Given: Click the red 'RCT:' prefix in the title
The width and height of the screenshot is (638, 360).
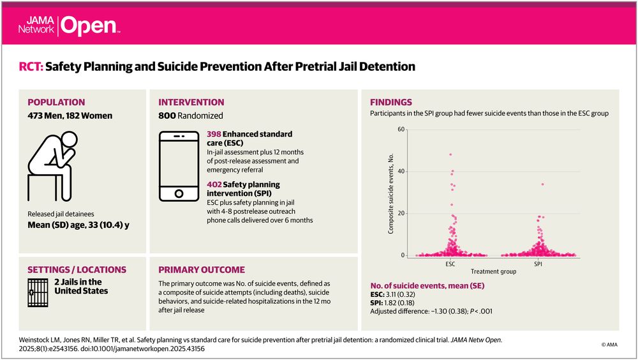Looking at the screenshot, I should (x=32, y=66).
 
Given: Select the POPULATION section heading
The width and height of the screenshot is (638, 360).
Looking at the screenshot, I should (x=56, y=102).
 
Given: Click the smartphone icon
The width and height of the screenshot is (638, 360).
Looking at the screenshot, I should (x=179, y=165).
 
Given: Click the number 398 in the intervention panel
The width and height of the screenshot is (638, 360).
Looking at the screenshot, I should (x=215, y=135).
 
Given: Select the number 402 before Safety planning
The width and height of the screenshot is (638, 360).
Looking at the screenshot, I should (x=215, y=184).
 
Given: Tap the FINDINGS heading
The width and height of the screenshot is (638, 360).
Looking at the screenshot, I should (x=391, y=102).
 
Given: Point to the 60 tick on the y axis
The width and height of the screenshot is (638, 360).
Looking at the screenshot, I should (x=401, y=129).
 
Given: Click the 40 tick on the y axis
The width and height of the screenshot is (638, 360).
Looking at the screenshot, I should (x=401, y=171).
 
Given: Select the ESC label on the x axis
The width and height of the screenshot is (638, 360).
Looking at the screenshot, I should (x=450, y=262).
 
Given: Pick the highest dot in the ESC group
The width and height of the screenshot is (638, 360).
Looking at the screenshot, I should (x=450, y=154).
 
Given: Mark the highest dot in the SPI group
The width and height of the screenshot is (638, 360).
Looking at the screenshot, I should (x=542, y=184).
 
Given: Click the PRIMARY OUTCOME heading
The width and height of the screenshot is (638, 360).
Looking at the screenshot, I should (x=202, y=270).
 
